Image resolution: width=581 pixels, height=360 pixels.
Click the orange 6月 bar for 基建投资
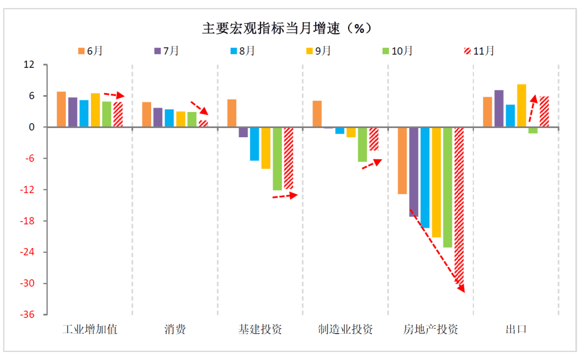(x=232, y=113)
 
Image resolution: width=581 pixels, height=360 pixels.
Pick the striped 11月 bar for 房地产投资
(x=459, y=204)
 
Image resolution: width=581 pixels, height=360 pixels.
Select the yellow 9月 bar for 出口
(x=522, y=105)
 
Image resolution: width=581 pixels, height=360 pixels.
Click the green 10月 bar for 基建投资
(x=277, y=159)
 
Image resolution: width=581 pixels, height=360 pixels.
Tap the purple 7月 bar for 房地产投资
(x=414, y=172)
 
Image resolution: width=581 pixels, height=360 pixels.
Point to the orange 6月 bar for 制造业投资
(x=317, y=114)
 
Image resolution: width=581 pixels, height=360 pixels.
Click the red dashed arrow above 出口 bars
(x=532, y=108)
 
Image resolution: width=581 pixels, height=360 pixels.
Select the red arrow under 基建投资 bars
(x=285, y=196)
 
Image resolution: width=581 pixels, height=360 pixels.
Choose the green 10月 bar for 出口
(x=533, y=130)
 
